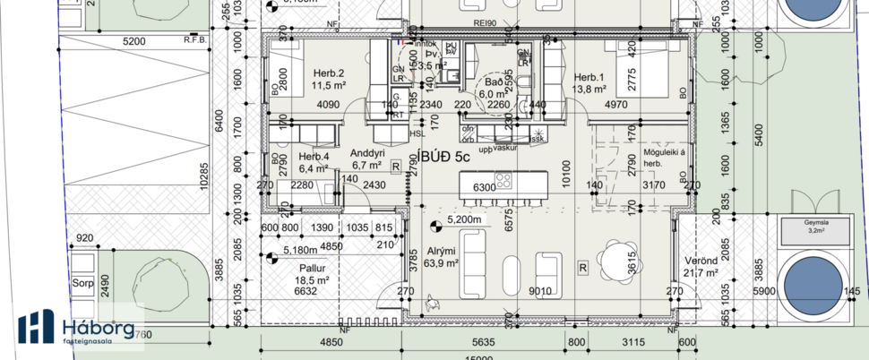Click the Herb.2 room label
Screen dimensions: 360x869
[x=330, y=73]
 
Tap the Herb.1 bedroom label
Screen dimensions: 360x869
[x=590, y=77]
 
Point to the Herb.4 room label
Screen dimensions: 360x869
[x=314, y=157]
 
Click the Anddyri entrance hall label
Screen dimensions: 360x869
[x=367, y=152]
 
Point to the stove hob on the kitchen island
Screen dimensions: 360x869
[x=503, y=186]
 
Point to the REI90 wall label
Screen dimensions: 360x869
[x=461, y=25]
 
